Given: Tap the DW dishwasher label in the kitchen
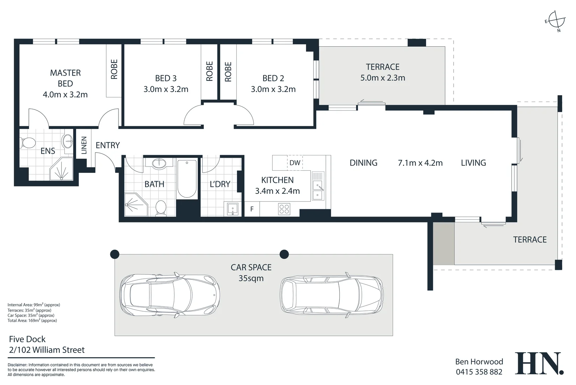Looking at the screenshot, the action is point(295,163).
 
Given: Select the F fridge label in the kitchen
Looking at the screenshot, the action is point(252,209).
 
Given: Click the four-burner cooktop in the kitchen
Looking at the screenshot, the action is point(284,209).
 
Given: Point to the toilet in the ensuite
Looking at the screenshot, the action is point(27,143).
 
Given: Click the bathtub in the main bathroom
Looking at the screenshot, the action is point(187,179).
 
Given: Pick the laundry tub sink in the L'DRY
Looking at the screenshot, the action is point(232,209).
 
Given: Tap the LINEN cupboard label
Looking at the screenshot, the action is point(84,145).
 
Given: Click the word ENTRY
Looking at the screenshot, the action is point(108,145).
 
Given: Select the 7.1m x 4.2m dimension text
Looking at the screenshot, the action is point(420,163).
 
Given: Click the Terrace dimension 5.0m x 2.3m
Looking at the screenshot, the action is point(382,78).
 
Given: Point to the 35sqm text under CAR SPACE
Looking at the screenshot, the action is point(251,278).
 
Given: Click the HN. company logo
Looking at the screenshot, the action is point(539,364).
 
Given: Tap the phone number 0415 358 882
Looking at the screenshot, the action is point(479,372).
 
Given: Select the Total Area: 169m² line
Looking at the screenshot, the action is point(32,320).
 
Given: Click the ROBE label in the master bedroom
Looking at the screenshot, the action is point(114,69).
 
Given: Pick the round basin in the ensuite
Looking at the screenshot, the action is point(67,141).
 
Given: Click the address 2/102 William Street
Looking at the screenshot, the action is point(47,350).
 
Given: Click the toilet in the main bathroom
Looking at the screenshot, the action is point(161,208).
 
